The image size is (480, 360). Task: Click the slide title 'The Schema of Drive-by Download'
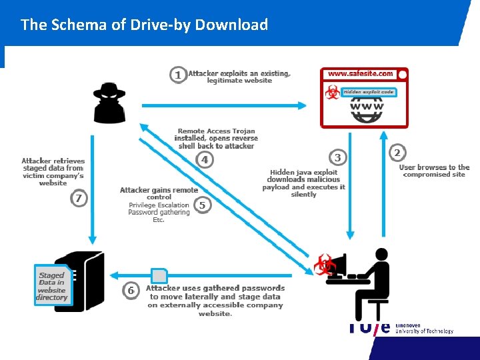pyautogui.click(x=144, y=25)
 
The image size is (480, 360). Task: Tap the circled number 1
pyautogui.click(x=177, y=75)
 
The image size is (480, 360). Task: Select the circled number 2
pyautogui.click(x=397, y=153)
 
